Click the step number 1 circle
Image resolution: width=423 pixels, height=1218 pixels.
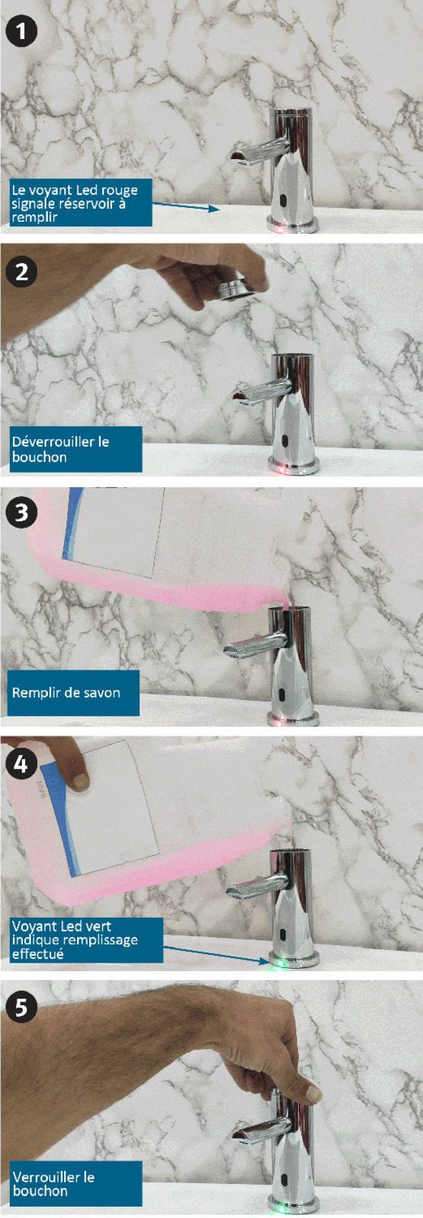click(21, 30)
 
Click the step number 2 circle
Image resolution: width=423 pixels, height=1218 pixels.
click(21, 271)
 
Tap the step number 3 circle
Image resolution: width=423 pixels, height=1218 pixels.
click(21, 513)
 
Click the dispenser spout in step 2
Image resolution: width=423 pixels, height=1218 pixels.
click(258, 390)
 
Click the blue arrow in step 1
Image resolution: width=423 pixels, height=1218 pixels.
click(186, 206)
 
